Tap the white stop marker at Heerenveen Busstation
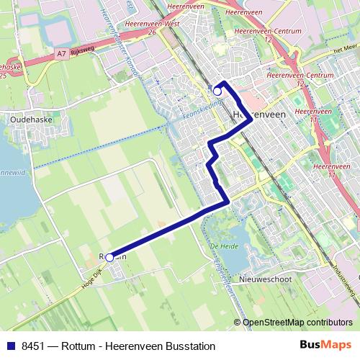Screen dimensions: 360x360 click(x=217, y=91)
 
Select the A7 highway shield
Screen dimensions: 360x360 click(x=63, y=52)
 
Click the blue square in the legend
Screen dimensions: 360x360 click(x=10, y=345)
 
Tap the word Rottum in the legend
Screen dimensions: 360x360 click(x=78, y=345)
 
